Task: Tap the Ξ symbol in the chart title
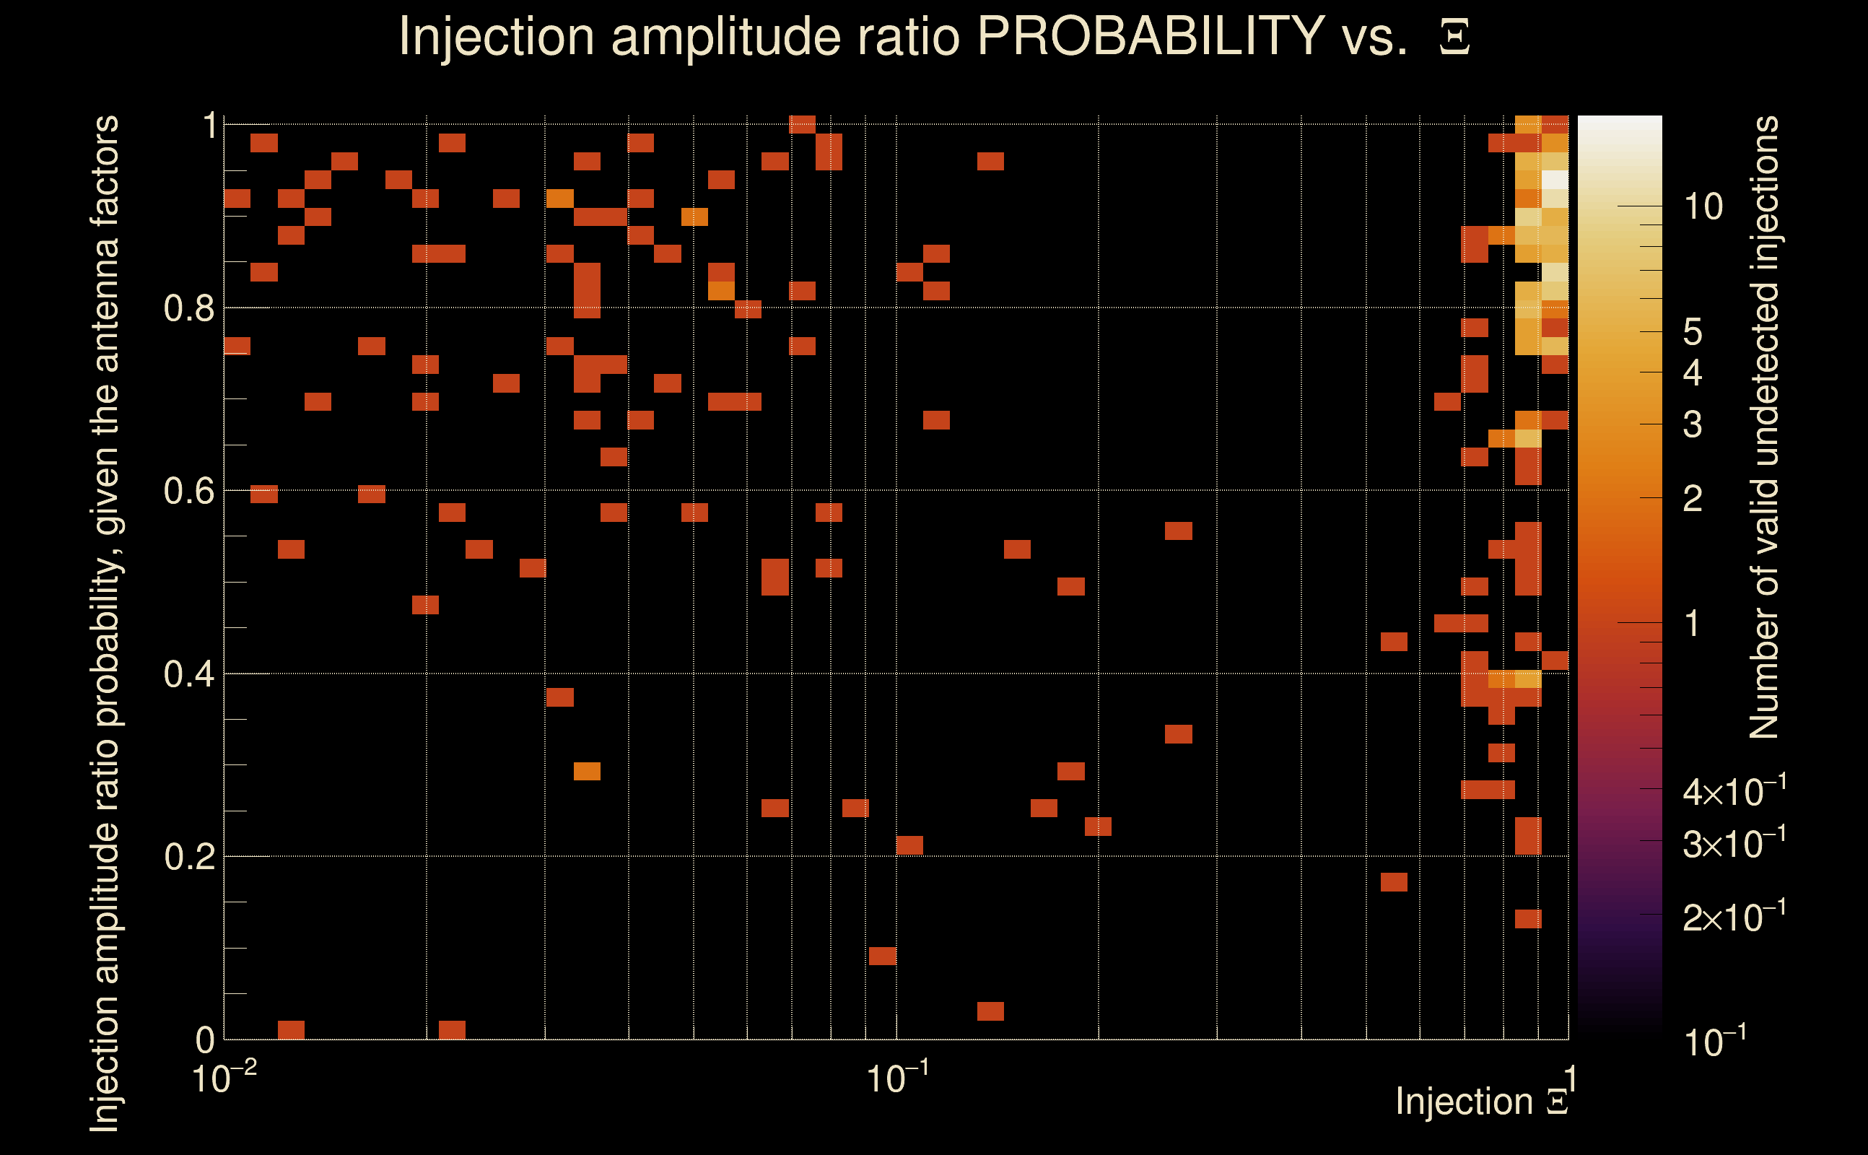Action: point(1454,38)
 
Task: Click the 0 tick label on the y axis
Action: point(205,1040)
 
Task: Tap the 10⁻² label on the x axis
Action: point(223,1078)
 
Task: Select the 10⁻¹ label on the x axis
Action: point(896,1078)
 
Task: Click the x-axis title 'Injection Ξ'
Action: point(1482,1102)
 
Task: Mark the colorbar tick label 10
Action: point(1703,207)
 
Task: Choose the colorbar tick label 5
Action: point(1693,332)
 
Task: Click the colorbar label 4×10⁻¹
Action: point(1734,792)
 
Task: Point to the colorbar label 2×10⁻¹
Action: point(1734,917)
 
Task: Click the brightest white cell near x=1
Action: point(1555,180)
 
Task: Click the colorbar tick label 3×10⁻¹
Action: point(1734,844)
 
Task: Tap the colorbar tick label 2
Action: point(1693,499)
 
